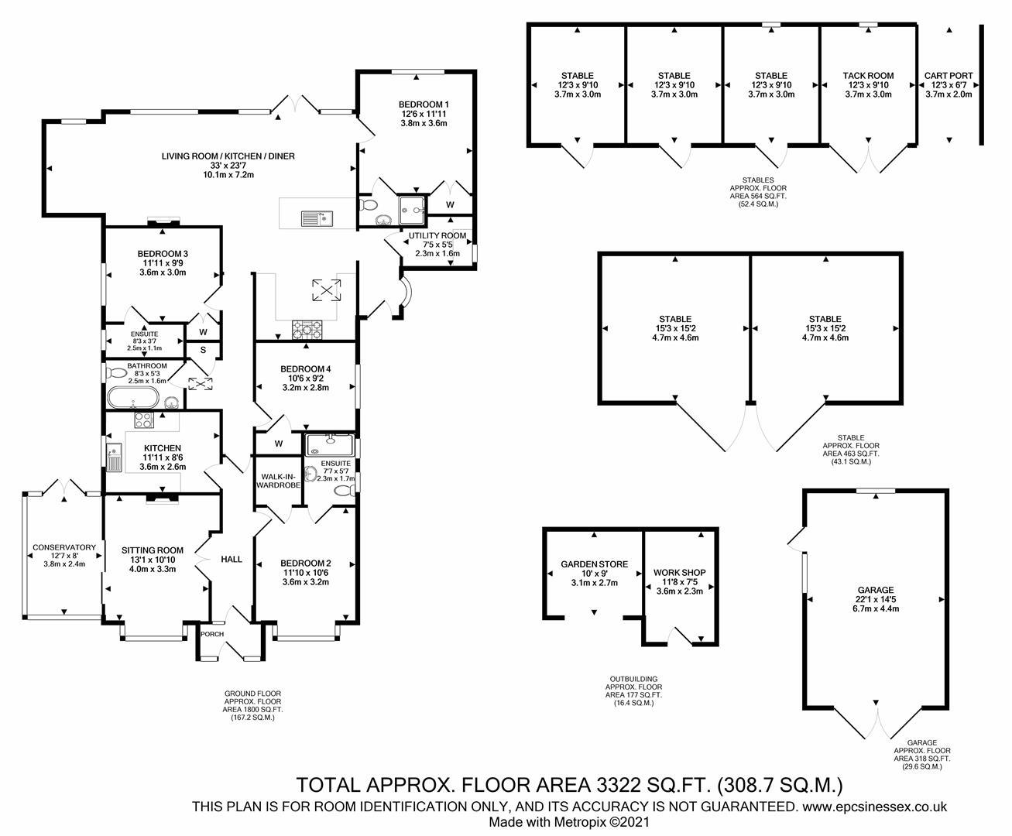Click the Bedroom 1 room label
point(424,104)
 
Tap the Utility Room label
point(437,235)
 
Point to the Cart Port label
point(949,76)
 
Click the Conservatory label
point(64,547)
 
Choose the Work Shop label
point(679,573)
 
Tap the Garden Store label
point(595,564)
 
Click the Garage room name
point(875,590)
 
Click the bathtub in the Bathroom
point(133,399)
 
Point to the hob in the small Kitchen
point(144,421)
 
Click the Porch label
point(212,634)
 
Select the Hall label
point(232,559)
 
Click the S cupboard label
point(203,350)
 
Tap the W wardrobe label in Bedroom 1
point(450,205)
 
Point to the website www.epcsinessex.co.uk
point(874,807)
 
